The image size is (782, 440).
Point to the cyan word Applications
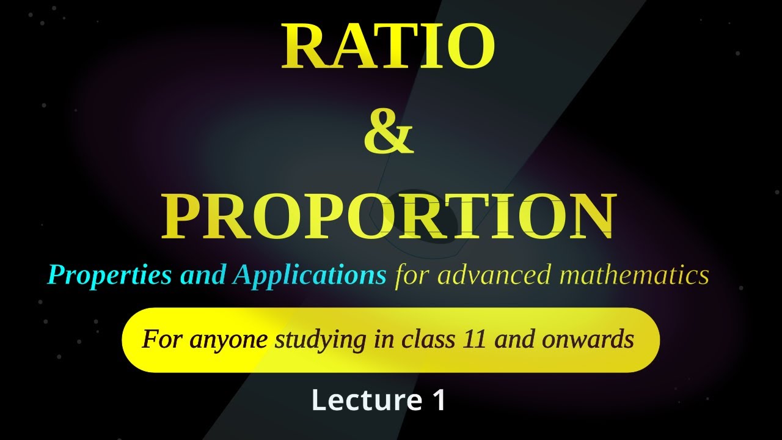(309, 276)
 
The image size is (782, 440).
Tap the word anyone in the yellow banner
(228, 339)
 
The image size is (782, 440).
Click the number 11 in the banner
(473, 339)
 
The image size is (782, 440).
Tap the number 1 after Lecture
(439, 400)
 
